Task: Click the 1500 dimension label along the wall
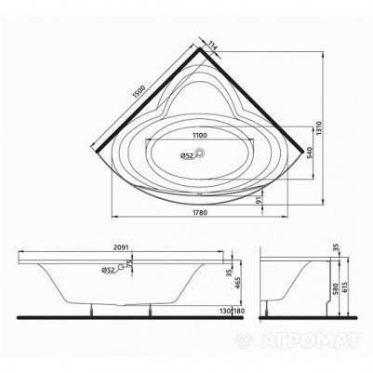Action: [139, 91]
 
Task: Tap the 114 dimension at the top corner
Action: [212, 47]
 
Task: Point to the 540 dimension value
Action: [309, 153]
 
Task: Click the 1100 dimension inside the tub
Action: [200, 135]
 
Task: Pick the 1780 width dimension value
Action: [200, 213]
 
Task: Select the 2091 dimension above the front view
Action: [121, 247]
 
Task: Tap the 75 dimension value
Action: [127, 264]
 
